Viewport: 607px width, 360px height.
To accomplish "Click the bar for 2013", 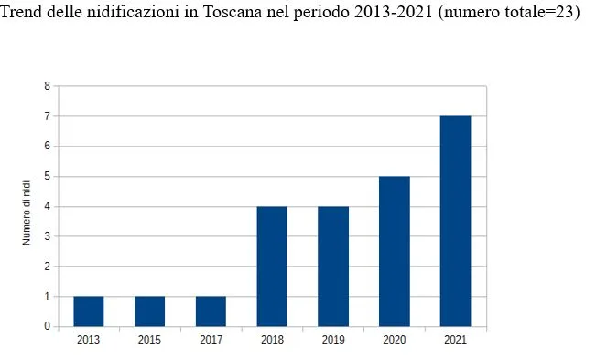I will (89, 311).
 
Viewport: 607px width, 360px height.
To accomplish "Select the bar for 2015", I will (150, 311).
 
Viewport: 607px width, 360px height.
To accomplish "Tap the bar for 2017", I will (211, 311).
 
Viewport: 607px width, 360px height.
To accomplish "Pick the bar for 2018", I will (272, 267).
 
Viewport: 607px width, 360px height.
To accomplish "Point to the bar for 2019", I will (333, 267).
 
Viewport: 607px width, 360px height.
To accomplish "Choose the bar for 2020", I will (395, 252).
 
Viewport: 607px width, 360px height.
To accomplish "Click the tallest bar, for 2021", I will (455, 222).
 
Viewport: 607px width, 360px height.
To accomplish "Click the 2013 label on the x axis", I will (89, 340).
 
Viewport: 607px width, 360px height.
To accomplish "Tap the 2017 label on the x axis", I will (211, 340).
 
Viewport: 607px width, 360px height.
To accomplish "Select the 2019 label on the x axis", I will (333, 340).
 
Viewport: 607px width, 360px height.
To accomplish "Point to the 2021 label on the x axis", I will (455, 340).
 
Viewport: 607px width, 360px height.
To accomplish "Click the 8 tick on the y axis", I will (47, 86).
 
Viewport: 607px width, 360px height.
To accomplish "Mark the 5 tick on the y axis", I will (47, 177).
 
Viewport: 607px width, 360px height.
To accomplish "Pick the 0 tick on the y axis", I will (47, 327).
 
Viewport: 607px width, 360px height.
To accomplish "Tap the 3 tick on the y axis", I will (47, 236).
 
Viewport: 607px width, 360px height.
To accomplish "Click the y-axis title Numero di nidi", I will (27, 213).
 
